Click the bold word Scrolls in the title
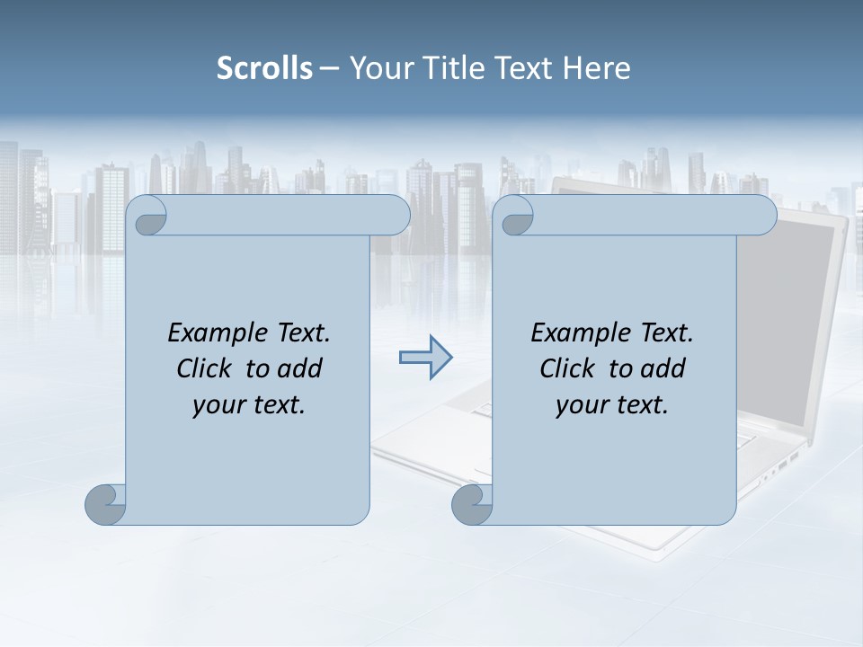(265, 68)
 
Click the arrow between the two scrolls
(425, 358)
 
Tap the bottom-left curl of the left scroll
(106, 503)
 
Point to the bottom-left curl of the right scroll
(472, 503)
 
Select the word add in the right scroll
(662, 368)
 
